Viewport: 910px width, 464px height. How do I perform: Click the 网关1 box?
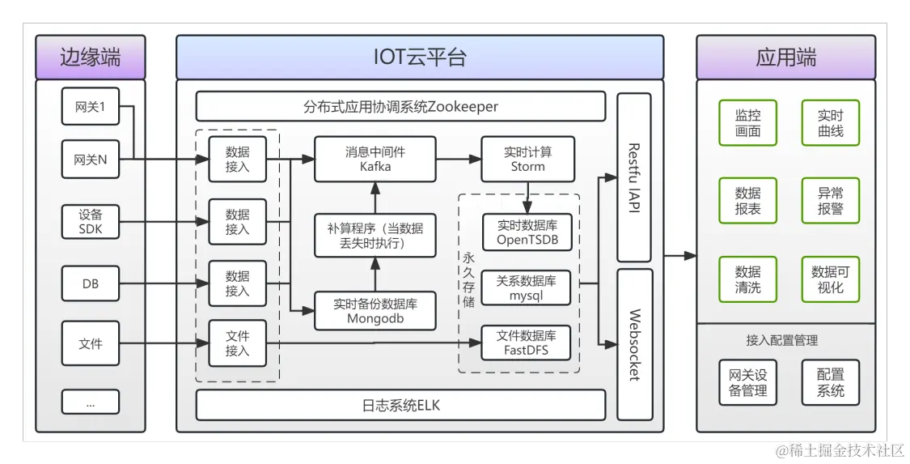[x=90, y=106]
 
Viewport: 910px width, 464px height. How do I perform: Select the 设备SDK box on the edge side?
[x=90, y=222]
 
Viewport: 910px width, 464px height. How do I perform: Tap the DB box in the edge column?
[x=90, y=284]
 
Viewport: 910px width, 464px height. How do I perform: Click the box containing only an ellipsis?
[x=90, y=402]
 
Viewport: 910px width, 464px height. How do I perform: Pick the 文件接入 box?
[x=237, y=343]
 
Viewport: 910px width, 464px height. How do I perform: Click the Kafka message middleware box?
[x=375, y=159]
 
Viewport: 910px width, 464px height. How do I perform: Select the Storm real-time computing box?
[x=527, y=159]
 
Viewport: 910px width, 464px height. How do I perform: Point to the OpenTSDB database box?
[x=527, y=232]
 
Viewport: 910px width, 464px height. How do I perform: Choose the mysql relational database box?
[x=526, y=288]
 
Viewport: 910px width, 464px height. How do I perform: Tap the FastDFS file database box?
[x=526, y=343]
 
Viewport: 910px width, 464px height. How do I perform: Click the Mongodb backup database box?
[x=375, y=311]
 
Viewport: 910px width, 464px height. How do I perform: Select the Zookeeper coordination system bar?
[x=400, y=107]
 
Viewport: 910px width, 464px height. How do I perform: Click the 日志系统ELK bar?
[x=400, y=405]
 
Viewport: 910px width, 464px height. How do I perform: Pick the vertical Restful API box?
[x=634, y=177]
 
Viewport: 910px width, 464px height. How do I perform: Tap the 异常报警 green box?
[x=830, y=200]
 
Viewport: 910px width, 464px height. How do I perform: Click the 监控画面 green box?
[x=747, y=123]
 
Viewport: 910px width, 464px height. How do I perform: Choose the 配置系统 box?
[x=830, y=382]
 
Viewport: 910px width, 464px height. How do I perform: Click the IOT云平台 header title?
[x=420, y=57]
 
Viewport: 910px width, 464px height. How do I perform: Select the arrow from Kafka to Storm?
[x=458, y=160]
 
